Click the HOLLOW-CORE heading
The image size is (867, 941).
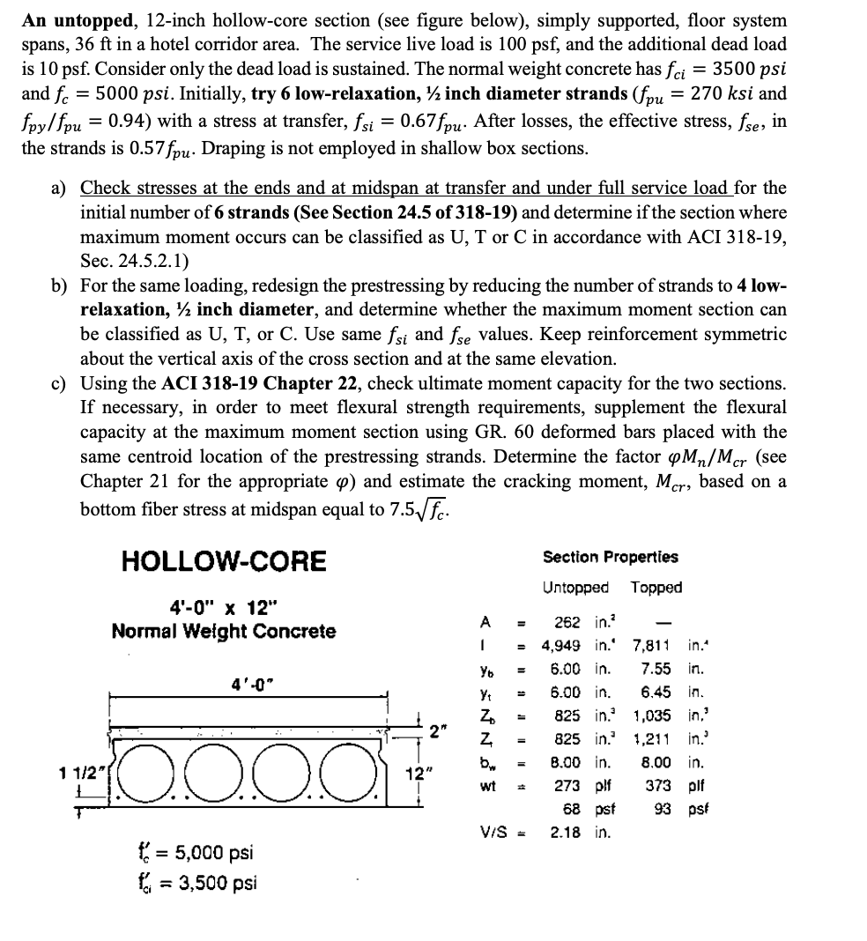223,560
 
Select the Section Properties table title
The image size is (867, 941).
611,557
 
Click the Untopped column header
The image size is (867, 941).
574,587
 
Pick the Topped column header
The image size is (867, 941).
656,587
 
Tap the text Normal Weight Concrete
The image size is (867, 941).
223,631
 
